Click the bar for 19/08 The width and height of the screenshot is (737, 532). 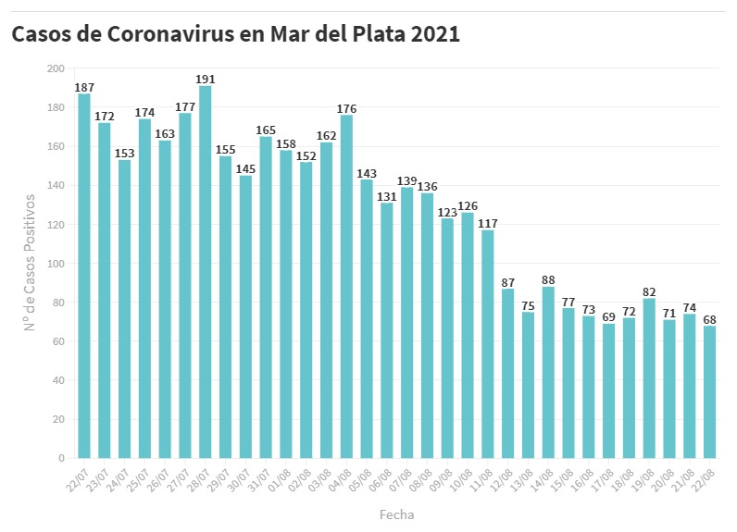pyautogui.click(x=650, y=378)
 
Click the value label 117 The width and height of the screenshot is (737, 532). pyautogui.click(x=488, y=223)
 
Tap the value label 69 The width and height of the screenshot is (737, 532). pyautogui.click(x=609, y=316)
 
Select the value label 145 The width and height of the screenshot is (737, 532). pyautogui.click(x=245, y=168)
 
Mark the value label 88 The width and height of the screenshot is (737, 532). pyautogui.click(x=549, y=279)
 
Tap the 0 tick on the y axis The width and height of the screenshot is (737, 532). pyautogui.click(x=61, y=458)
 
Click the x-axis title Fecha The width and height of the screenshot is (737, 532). pyautogui.click(x=397, y=514)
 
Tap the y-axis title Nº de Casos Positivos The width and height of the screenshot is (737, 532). pyautogui.click(x=30, y=263)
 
